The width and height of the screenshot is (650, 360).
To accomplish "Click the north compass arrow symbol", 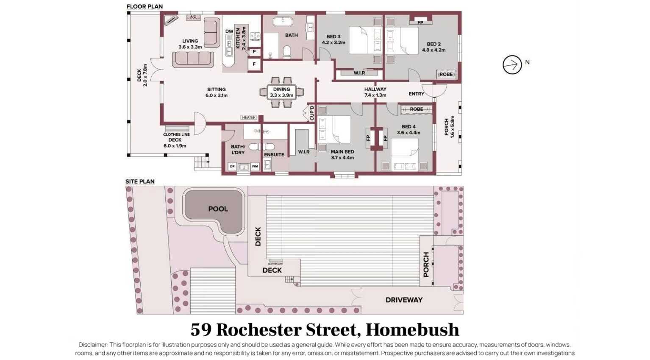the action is (512, 65).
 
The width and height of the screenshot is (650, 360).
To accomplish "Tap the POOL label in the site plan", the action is (218, 209).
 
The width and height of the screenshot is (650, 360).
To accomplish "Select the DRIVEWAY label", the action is (404, 300).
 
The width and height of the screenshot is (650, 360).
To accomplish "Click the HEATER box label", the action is (249, 117).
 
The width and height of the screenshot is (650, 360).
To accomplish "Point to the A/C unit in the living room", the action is (193, 17).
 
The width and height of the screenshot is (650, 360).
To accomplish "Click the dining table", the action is (281, 92).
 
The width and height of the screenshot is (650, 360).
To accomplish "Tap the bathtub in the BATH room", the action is (282, 22).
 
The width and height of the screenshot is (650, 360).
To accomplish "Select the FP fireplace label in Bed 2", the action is (420, 22).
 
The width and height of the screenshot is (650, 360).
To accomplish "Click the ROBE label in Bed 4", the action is (417, 109).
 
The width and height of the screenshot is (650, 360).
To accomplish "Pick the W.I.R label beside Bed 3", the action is (359, 73).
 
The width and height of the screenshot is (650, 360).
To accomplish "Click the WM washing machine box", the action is (255, 166).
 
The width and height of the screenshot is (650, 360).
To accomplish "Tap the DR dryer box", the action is (232, 166).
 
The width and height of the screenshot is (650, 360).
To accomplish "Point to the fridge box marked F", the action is (254, 64).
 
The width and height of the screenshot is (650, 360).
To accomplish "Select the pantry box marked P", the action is (254, 52).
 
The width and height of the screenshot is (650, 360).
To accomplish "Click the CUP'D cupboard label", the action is (312, 113).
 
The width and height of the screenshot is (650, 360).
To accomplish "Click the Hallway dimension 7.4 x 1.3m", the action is (375, 95).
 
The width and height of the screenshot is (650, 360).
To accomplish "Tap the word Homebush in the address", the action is (412, 330).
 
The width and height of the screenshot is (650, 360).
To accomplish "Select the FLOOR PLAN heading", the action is (144, 6).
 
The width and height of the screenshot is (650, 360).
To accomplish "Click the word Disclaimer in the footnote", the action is (93, 345).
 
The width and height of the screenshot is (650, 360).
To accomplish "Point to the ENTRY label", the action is (417, 94).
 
